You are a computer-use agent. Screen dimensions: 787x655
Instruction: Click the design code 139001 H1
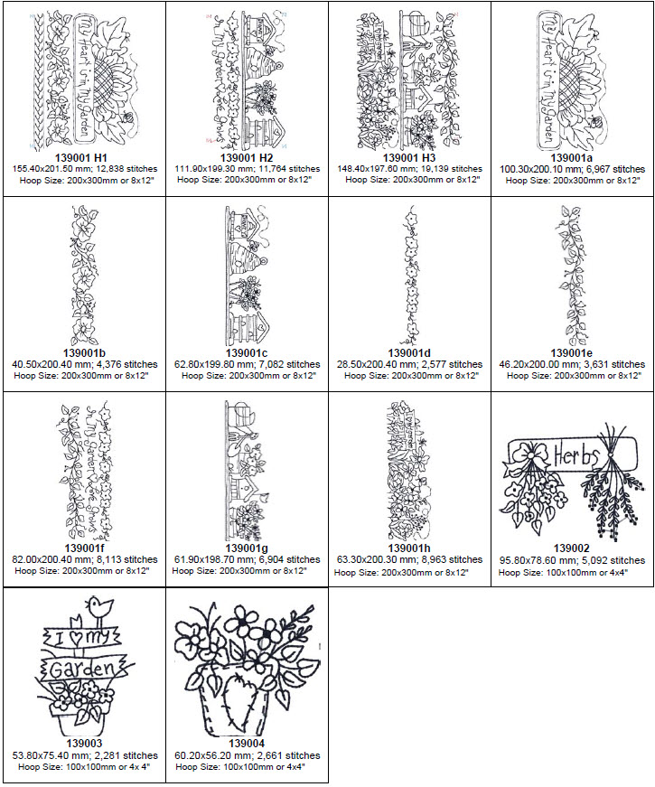click(x=82, y=158)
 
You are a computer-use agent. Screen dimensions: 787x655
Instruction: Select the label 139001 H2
click(x=248, y=158)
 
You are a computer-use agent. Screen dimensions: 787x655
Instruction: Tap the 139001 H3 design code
click(x=410, y=158)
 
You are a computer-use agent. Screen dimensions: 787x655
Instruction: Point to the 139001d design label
click(x=410, y=353)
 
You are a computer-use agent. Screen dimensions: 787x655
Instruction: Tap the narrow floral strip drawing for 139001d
click(x=411, y=271)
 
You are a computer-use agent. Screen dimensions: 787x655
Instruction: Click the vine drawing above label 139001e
click(x=572, y=271)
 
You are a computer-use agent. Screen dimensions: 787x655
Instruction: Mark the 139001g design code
click(x=248, y=548)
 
